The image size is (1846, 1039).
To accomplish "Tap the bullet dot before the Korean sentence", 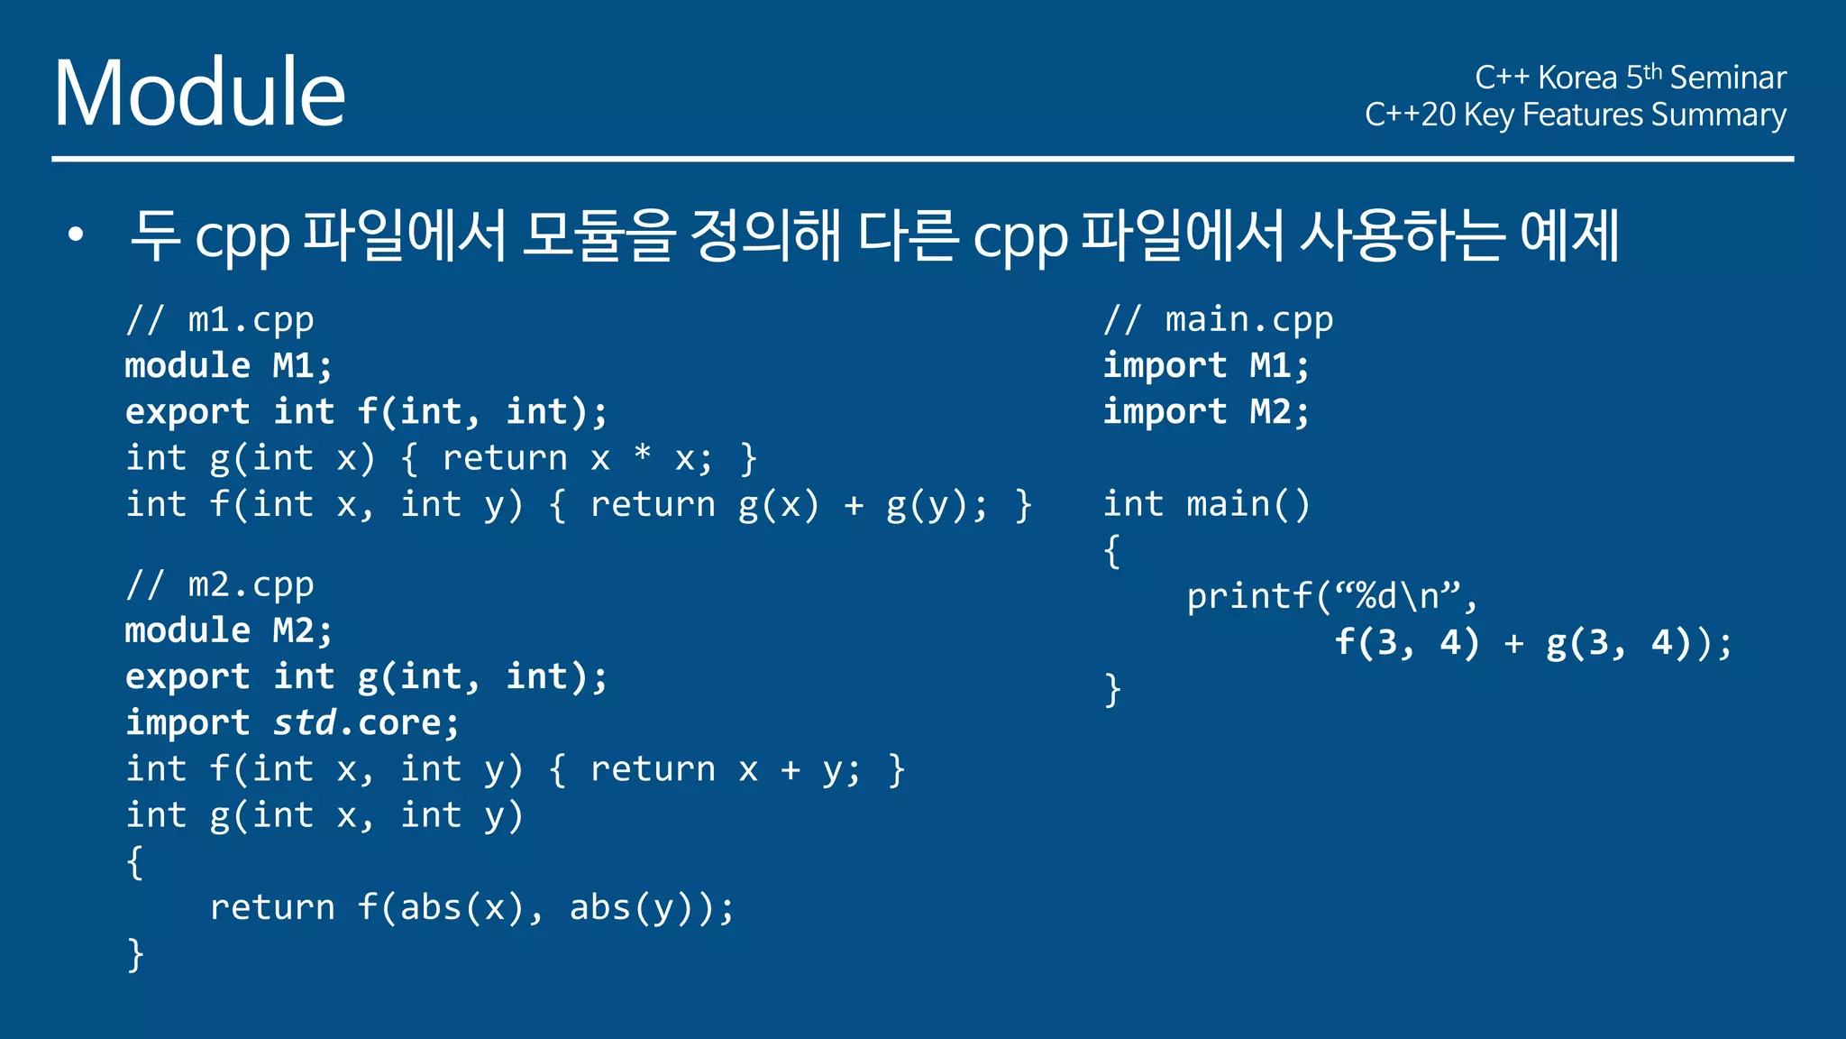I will click(76, 235).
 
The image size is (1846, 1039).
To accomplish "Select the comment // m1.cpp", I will click(220, 320).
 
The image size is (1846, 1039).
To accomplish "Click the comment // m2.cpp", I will click(220, 585).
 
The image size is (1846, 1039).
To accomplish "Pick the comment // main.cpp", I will click(1218, 320).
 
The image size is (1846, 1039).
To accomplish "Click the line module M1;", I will click(229, 365).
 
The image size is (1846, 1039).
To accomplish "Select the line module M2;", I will click(229, 630).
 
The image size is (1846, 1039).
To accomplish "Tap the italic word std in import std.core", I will click(305, 722).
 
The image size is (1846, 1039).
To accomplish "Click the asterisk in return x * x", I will click(642, 454).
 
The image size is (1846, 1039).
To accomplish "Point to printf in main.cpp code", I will click(1249, 596).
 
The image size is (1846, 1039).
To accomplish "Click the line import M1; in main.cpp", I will click(1206, 365).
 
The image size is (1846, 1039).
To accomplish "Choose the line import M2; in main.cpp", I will click(1206, 412).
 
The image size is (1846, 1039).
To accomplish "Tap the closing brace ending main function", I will click(1113, 690).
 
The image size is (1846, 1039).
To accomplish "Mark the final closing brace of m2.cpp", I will click(135, 954).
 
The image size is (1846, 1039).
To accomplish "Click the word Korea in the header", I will click(1576, 78).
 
